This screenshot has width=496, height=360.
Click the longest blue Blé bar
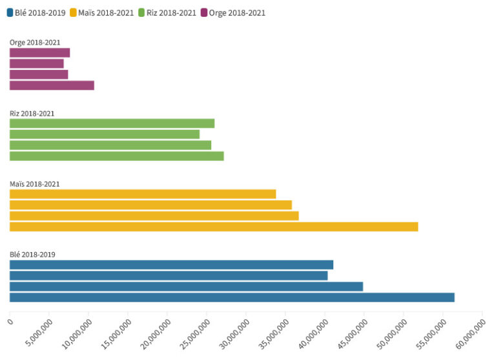(x=232, y=297)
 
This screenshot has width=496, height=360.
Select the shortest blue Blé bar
(x=169, y=275)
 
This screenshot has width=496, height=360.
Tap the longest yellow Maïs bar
(x=214, y=227)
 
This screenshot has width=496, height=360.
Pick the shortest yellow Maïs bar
(x=143, y=194)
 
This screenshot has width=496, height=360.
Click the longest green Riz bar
(x=116, y=156)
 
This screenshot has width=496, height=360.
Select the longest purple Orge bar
(x=52, y=85)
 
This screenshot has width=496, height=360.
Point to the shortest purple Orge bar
(x=37, y=63)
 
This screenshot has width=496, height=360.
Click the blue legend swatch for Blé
(x=10, y=12)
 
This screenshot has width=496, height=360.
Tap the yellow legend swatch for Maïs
(x=73, y=12)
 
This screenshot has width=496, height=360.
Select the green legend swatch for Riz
(x=142, y=12)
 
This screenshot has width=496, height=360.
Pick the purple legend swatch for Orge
(x=204, y=12)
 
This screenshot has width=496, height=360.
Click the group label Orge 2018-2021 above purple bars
(x=35, y=43)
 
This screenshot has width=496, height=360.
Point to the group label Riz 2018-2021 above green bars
(x=32, y=113)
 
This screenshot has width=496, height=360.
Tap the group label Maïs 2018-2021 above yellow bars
(x=35, y=184)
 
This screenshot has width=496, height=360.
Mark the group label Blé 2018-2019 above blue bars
(x=32, y=254)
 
